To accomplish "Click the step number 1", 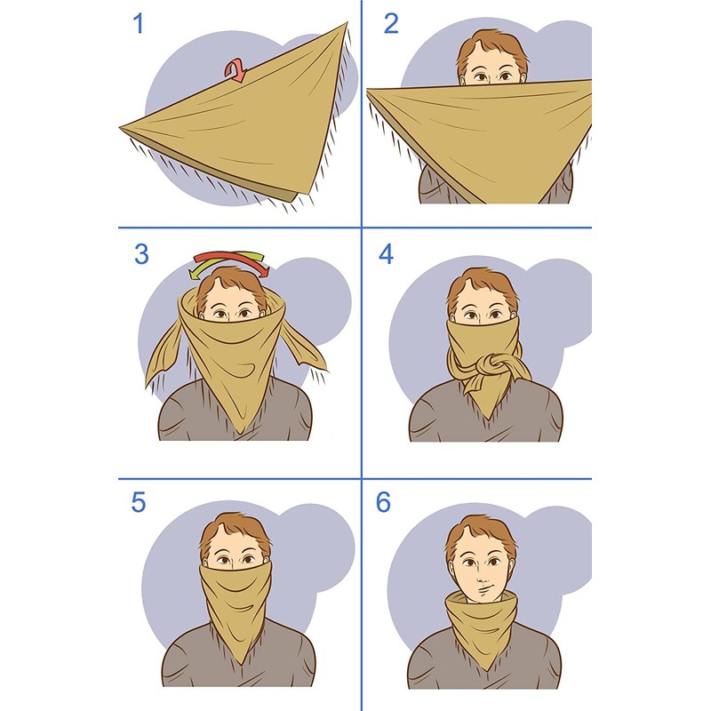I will [138, 24].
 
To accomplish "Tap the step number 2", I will [391, 24].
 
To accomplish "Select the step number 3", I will [141, 254].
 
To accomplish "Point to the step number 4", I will [386, 254].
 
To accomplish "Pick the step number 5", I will [138, 502].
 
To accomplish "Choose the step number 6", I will [383, 502].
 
